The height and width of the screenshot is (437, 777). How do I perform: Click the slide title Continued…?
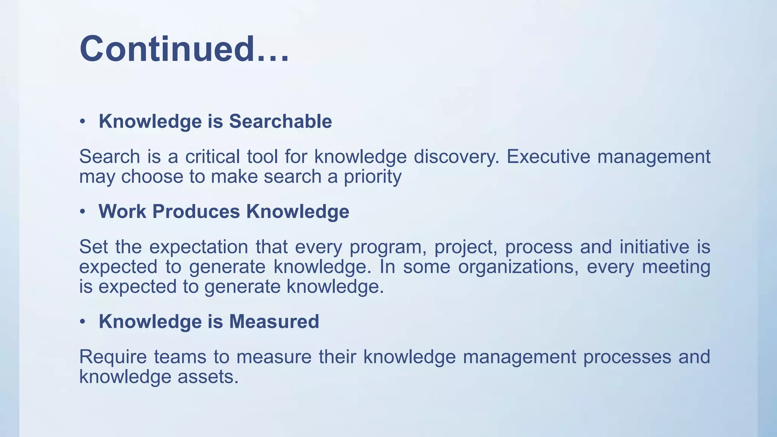pos(184,49)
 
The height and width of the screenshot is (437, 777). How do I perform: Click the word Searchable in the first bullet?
pos(280,121)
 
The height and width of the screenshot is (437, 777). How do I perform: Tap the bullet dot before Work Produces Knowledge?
pos(82,212)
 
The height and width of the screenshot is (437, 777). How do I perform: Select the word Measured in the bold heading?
pos(274,321)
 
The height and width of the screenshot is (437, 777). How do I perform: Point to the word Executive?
pos(548,157)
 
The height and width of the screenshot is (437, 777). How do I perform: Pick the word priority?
pos(373,177)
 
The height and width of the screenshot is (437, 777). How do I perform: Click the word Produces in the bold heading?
pos(196,211)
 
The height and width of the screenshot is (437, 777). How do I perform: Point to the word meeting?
pos(676,267)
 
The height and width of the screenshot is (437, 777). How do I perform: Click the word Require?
pos(113,357)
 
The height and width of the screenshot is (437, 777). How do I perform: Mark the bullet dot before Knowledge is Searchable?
pos(82,122)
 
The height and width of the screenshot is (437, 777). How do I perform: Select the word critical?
pos(212,157)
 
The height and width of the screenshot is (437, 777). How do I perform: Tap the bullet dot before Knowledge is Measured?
pos(82,322)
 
